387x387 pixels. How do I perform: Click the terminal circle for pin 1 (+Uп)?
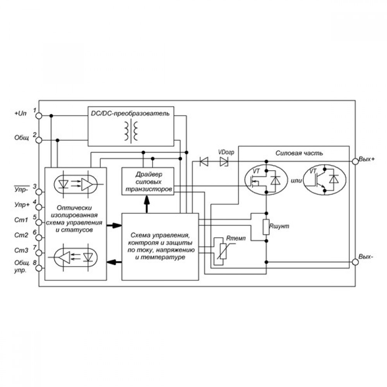point(39,115)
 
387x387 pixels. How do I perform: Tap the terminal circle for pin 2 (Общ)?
point(39,140)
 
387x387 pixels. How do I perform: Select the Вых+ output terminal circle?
point(355,161)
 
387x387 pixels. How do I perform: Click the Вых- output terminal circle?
point(355,262)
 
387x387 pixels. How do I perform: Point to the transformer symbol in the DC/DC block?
point(131,131)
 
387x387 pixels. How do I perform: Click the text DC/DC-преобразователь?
point(130,113)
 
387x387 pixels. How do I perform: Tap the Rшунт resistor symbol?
point(266,227)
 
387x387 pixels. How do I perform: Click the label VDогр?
point(226,152)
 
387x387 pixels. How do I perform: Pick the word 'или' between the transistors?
point(296,181)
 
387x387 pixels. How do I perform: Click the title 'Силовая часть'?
point(299,153)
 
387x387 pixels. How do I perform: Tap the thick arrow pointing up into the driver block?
point(147,204)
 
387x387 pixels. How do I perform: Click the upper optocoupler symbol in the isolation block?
point(76,184)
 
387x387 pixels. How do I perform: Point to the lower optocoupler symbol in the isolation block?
point(76,258)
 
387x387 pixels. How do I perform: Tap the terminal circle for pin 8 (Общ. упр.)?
point(39,268)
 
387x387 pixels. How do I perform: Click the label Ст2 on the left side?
point(21,235)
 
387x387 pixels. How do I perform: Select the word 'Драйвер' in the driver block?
point(149,175)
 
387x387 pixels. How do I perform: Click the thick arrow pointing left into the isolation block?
point(114,262)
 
